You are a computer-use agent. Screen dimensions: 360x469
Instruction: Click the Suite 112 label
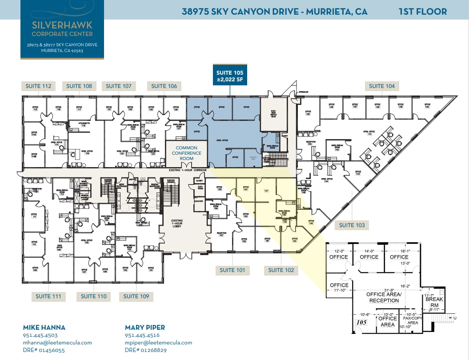[38, 86]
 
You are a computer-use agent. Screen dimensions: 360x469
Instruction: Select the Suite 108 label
[79, 86]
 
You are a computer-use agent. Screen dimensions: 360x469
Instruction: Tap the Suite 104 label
[382, 86]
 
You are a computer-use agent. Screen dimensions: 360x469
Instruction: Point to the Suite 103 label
[352, 225]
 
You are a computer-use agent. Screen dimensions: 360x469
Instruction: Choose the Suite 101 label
[232, 270]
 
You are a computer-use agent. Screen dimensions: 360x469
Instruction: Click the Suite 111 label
[48, 296]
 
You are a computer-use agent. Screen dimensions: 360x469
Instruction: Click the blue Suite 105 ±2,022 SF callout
[230, 76]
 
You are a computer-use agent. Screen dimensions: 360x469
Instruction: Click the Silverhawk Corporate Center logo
[62, 29]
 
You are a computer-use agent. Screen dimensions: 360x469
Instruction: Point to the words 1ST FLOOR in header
[422, 12]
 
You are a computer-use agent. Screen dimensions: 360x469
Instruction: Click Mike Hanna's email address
[57, 343]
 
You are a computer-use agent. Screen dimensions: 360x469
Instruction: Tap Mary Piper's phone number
[142, 336]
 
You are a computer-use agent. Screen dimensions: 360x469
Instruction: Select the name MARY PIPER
[145, 328]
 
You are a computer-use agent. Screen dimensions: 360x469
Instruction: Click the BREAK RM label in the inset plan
[434, 302]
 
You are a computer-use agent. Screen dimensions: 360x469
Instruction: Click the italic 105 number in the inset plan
[361, 322]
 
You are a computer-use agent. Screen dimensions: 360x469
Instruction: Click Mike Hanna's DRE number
[44, 350]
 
